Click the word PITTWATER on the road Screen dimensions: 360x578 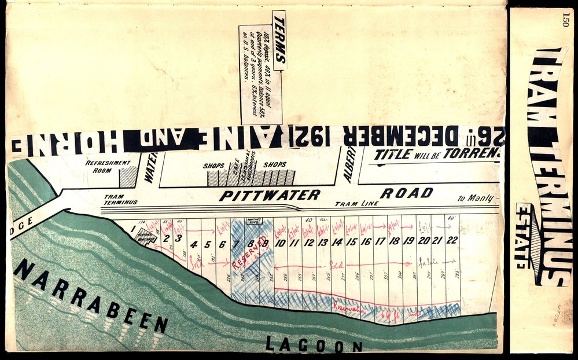[269, 195]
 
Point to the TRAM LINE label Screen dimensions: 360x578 [356, 204]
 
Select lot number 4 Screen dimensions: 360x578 [193, 244]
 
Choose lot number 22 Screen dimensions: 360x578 [452, 240]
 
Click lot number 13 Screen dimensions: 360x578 [323, 243]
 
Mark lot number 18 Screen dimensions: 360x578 [394, 241]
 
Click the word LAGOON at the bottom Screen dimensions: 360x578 [314, 346]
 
